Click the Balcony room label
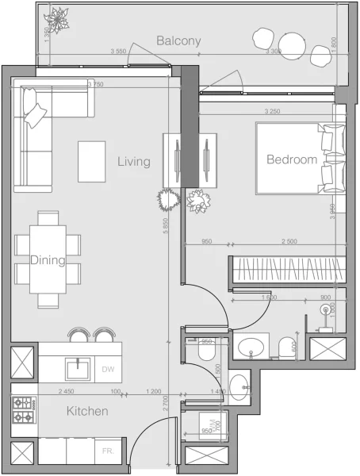click(178, 40)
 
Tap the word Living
click(134, 162)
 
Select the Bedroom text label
click(292, 159)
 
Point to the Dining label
click(47, 259)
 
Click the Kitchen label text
click(87, 412)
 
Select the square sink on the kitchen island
click(78, 367)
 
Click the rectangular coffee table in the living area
click(92, 161)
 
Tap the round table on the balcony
click(292, 43)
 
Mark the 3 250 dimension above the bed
click(273, 112)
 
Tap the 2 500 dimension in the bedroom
click(289, 242)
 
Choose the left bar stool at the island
click(79, 334)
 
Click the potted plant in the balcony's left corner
click(57, 17)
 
